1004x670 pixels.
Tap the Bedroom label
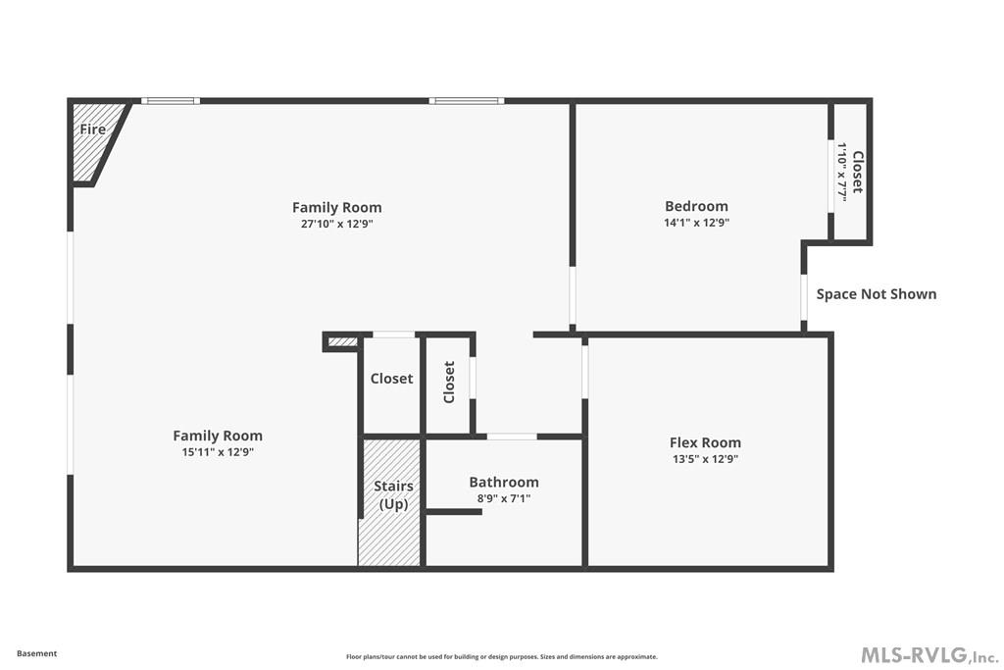point(696,206)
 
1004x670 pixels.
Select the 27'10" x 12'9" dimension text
point(336,224)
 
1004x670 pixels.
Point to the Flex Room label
point(705,442)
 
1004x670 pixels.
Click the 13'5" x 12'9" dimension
point(705,459)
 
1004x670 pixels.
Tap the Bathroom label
point(503,482)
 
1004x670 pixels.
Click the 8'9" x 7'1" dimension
point(503,498)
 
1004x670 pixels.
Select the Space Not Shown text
point(876,293)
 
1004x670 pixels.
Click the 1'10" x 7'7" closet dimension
point(841,172)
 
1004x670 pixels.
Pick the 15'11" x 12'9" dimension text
point(218,452)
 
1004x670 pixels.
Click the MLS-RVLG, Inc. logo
point(929,654)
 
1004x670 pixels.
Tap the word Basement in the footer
point(37,653)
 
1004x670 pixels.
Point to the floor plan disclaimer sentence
point(501,657)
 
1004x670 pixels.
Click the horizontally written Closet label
point(391,379)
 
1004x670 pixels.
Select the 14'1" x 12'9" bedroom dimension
point(696,223)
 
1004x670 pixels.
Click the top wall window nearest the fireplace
point(170,101)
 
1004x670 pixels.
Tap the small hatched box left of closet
point(343,341)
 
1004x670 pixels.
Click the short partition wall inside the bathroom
point(454,512)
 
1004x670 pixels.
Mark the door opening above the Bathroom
point(512,436)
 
